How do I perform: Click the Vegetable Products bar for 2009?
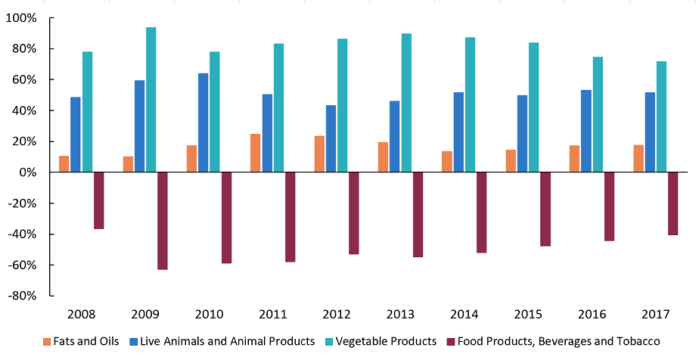coord(151,100)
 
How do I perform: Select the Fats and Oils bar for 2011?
coord(256,154)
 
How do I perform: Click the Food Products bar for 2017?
coord(673,203)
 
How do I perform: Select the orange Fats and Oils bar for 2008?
coord(64,164)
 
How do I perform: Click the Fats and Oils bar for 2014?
coord(447,162)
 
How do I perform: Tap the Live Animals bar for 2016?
coord(586,131)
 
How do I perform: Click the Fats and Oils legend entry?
coord(82,341)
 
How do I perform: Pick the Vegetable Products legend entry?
coord(382,341)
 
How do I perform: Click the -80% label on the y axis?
coord(23,296)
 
